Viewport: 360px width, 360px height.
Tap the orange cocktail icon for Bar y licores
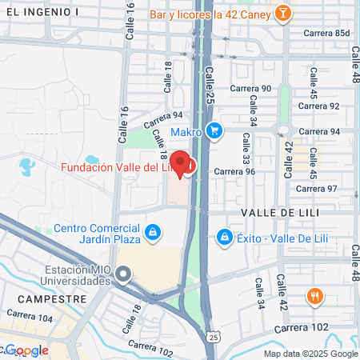(x=282, y=14)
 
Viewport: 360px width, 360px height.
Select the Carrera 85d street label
(x=331, y=33)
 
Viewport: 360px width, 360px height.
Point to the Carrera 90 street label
(x=250, y=89)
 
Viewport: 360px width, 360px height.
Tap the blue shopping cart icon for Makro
(x=214, y=130)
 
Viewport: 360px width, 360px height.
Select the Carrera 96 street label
(x=234, y=170)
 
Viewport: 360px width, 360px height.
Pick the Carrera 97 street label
(x=317, y=188)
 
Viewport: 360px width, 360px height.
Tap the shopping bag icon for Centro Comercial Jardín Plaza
(x=152, y=233)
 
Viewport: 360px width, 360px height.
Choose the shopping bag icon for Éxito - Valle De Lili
(x=226, y=237)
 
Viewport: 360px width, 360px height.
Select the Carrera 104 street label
(x=34, y=318)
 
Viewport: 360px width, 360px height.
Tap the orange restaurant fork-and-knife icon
(x=315, y=297)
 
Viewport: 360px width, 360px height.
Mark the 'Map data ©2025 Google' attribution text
(x=310, y=354)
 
